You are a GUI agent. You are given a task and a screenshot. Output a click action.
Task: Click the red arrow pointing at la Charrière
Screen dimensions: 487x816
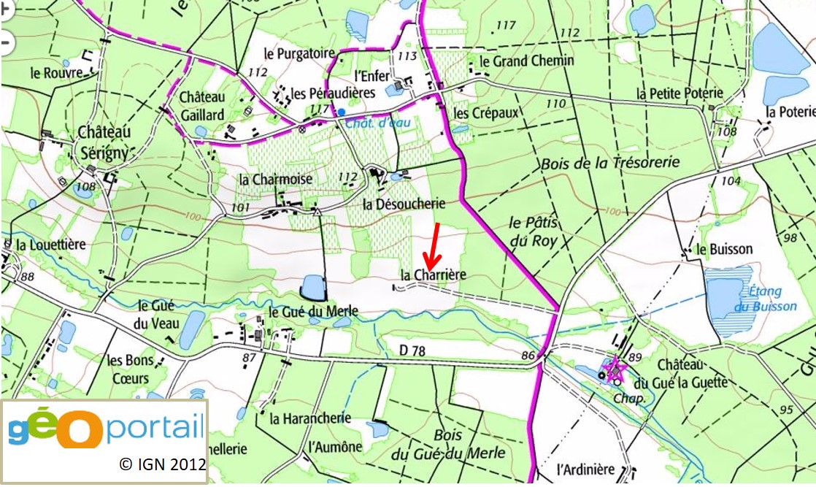point(433,246)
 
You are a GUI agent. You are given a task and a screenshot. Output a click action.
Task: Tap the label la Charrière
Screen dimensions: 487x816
point(433,275)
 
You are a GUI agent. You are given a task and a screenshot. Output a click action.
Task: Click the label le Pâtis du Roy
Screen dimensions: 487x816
point(533,231)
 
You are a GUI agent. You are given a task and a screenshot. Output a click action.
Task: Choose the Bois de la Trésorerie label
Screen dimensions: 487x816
point(610,163)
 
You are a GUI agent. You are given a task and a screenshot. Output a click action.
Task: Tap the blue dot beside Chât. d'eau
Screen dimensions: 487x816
point(341,112)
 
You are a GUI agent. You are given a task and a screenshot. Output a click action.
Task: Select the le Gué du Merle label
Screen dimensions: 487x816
point(313,311)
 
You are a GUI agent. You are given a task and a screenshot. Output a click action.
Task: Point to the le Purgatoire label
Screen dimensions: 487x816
point(299,53)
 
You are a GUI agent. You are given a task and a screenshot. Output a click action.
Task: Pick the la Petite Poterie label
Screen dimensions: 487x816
point(679,93)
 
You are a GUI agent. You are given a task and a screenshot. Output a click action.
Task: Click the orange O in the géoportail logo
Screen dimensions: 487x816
point(82,430)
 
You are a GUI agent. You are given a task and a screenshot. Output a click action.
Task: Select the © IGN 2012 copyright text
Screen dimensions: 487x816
point(162,464)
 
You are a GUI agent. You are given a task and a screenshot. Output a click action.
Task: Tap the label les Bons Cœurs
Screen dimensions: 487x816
point(128,369)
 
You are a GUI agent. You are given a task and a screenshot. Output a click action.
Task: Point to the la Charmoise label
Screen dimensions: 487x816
point(276,179)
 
